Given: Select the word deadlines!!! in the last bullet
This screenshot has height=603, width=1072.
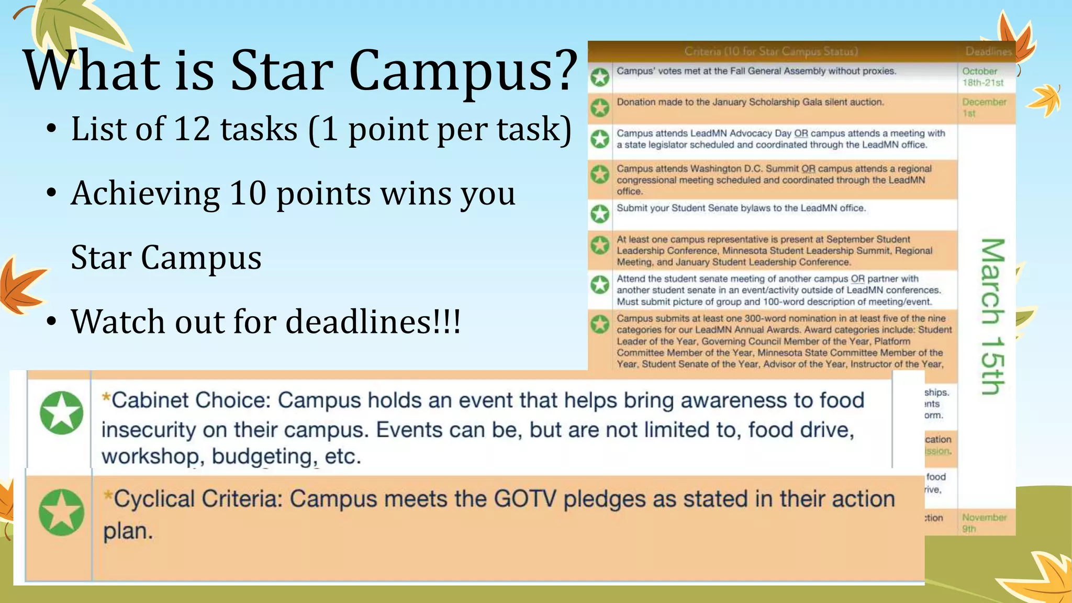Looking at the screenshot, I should tap(374, 321).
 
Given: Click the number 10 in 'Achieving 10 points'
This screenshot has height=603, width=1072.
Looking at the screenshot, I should tap(248, 193).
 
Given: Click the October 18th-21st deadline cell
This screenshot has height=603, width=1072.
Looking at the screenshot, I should tap(982, 77).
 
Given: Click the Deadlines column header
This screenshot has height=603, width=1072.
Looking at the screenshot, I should tap(988, 51).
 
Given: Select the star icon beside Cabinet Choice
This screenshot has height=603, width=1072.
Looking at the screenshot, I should tap(62, 412).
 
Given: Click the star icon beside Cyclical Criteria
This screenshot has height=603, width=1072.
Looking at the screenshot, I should tap(61, 512).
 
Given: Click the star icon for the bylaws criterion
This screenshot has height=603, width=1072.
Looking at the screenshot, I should tap(600, 214).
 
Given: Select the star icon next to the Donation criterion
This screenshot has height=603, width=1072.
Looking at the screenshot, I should tap(600, 108).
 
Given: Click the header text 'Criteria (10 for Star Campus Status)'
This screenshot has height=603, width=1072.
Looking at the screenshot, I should tap(771, 51).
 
